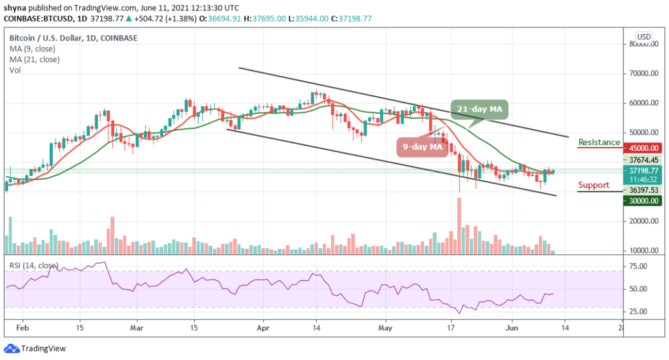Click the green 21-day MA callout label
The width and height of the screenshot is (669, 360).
[479, 108]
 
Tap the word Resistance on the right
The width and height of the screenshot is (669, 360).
[599, 142]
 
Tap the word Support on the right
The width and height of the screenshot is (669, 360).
[593, 185]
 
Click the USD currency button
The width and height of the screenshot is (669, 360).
[644, 37]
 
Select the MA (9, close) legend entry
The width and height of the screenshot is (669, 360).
[33, 48]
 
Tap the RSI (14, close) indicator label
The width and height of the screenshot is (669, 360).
[33, 266]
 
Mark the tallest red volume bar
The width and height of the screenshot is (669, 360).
[459, 225]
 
